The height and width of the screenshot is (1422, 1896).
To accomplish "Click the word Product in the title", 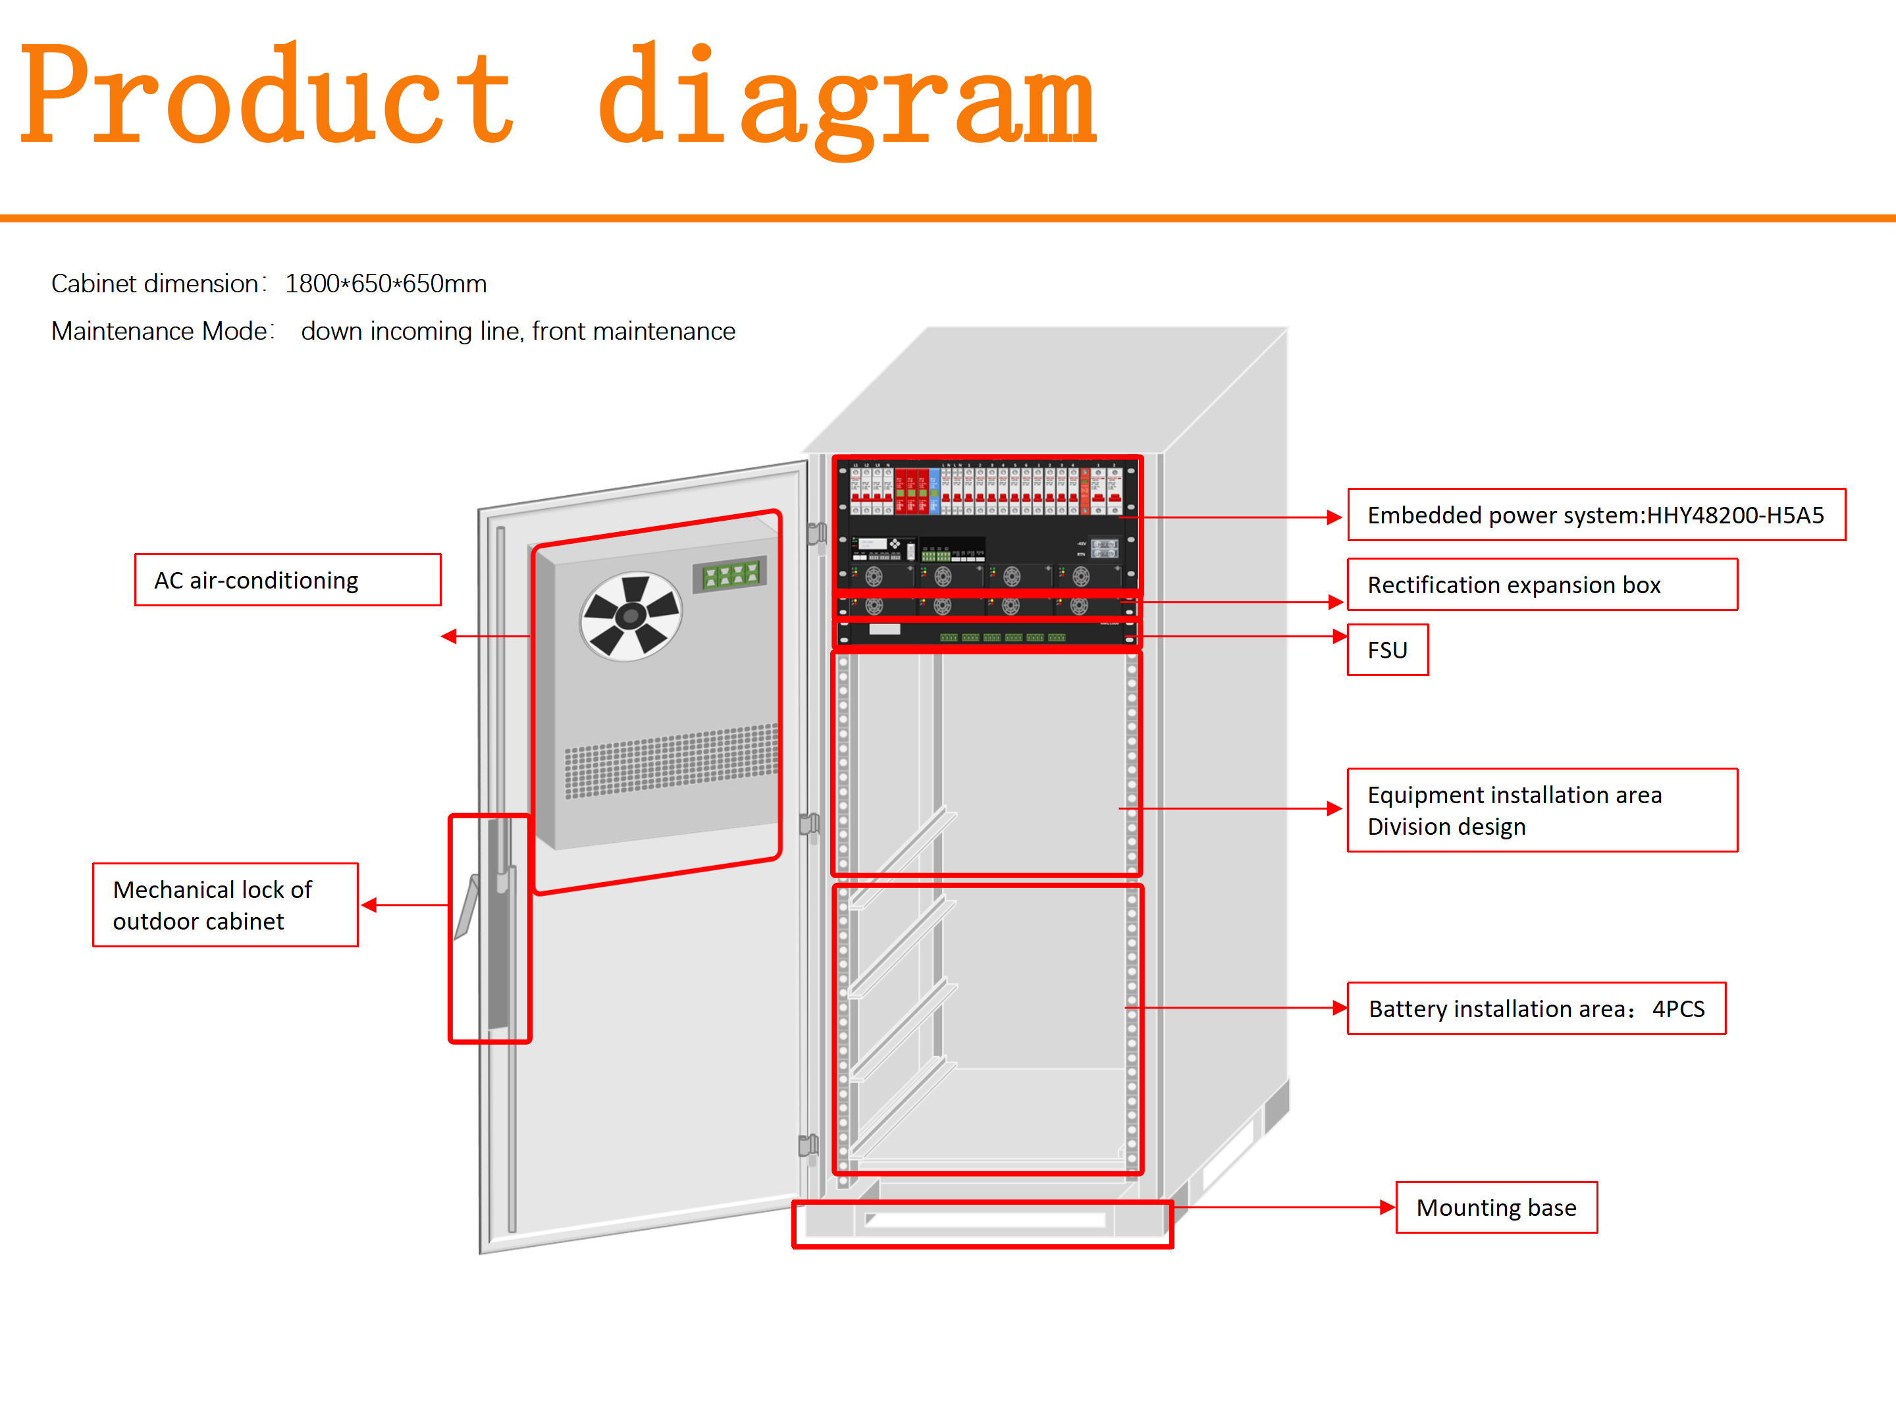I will (266, 96).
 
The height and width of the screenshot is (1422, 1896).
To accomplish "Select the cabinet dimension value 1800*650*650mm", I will (386, 284).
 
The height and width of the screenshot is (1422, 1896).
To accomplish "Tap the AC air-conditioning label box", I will (287, 580).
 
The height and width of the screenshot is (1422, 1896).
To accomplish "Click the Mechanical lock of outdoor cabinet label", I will (224, 905).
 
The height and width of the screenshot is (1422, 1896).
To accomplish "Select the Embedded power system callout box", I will (1595, 515).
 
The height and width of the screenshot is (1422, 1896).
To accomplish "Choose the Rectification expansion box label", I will (1541, 585).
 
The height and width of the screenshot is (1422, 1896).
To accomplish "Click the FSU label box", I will (1387, 650).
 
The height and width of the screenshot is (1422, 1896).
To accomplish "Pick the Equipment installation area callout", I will (1541, 810).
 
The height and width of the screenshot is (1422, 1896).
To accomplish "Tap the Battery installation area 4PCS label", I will (1535, 1009).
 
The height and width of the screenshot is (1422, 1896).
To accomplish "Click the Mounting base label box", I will (1496, 1208).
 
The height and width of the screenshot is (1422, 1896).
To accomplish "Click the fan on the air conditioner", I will (631, 616).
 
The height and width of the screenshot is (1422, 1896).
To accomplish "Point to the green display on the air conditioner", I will (730, 574).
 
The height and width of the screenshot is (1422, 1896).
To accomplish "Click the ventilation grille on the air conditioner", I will (670, 760).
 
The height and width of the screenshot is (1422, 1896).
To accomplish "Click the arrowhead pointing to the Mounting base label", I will (1388, 1208).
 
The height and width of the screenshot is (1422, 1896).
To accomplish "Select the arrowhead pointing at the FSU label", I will (1340, 636).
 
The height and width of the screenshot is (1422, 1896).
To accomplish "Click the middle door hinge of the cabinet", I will (808, 825).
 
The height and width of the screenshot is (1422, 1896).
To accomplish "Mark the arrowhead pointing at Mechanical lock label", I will (369, 905).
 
